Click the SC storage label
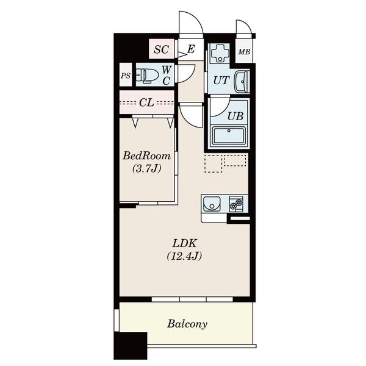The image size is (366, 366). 161,49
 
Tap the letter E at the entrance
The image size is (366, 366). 191,49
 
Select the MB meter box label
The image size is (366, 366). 244,52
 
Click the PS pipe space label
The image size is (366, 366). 126,76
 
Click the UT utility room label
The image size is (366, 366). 221,81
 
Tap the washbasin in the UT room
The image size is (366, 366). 242,82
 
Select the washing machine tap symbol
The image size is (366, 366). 220,53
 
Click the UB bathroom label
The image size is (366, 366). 235,116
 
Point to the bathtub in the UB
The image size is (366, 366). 229,135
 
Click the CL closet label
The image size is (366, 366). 146,102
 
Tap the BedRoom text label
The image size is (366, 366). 147,156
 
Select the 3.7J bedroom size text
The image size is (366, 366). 147,168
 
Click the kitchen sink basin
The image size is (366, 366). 212,204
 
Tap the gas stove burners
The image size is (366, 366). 236,204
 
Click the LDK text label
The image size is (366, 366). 185,243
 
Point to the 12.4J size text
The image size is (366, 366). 184,256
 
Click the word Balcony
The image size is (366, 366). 187,324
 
